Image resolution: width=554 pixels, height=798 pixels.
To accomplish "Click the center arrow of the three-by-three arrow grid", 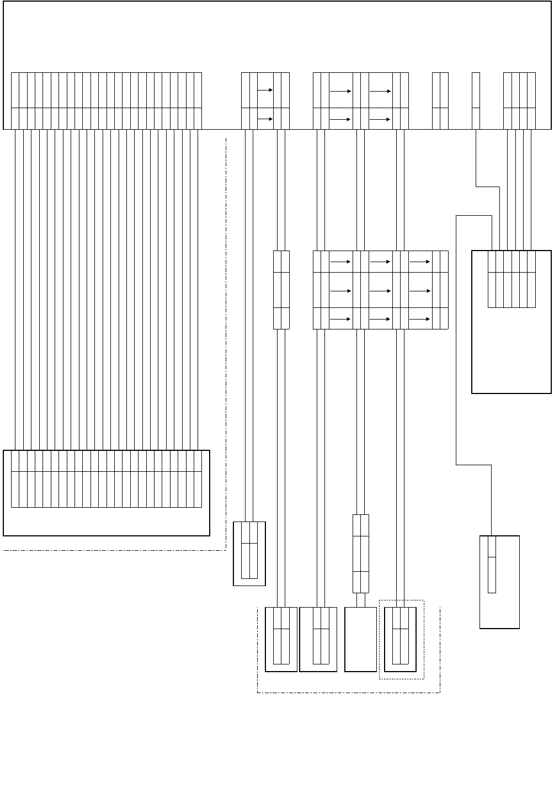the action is click(380, 290).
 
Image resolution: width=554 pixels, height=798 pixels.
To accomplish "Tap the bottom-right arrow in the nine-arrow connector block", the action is click(420, 319).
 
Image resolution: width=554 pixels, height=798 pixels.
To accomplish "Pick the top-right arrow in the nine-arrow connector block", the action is click(420, 262).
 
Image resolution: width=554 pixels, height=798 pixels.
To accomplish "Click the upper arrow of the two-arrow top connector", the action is click(265, 90).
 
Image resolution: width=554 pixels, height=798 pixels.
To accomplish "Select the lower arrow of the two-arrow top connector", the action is click(265, 118).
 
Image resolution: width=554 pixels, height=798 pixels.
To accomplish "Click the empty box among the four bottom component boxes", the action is click(360, 639).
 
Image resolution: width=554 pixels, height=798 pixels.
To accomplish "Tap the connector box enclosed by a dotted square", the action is click(400, 639).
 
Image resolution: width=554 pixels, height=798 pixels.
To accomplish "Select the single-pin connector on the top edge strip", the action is click(476, 100).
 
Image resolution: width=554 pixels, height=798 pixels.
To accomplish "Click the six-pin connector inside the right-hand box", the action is click(512, 279).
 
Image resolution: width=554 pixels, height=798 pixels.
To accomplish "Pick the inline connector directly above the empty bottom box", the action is click(360, 554).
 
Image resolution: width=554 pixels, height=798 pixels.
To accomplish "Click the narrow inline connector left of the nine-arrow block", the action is click(281, 290).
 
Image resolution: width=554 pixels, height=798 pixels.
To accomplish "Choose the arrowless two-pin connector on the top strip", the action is click(440, 100).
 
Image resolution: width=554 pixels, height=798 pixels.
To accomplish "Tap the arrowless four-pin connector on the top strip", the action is click(520, 100).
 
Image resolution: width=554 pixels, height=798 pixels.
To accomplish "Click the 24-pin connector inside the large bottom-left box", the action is click(106, 478).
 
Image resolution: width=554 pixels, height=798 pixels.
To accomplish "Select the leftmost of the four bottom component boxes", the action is click(281, 639).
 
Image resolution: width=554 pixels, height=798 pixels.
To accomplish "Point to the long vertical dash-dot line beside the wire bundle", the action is click(226, 342).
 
